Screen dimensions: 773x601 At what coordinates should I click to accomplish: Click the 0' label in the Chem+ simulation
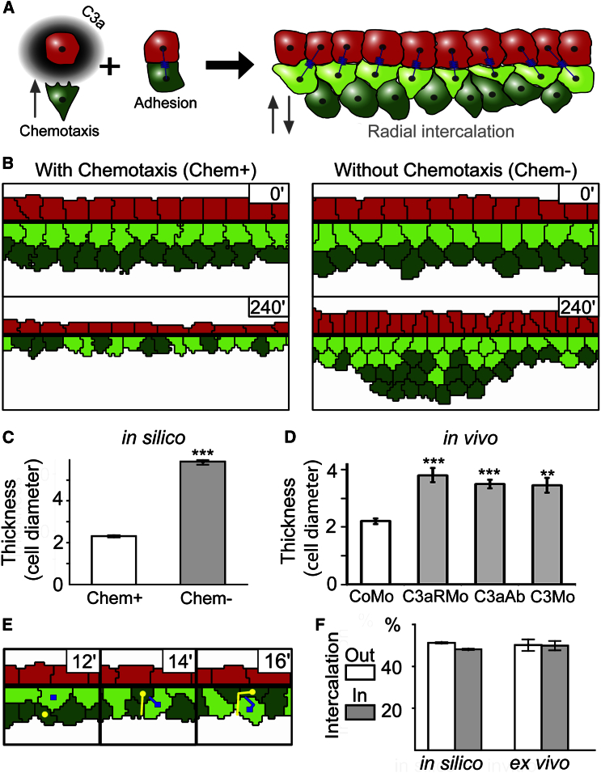pyautogui.click(x=269, y=194)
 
